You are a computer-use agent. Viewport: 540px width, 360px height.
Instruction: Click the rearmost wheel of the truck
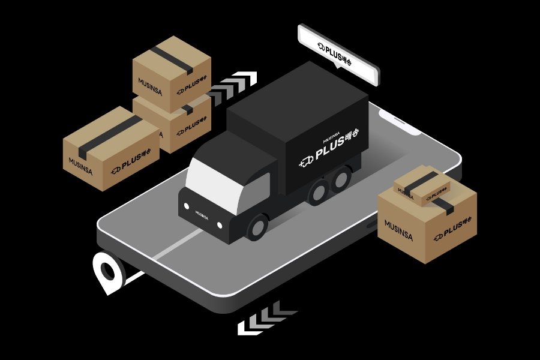pyautogui.click(x=341, y=181)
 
